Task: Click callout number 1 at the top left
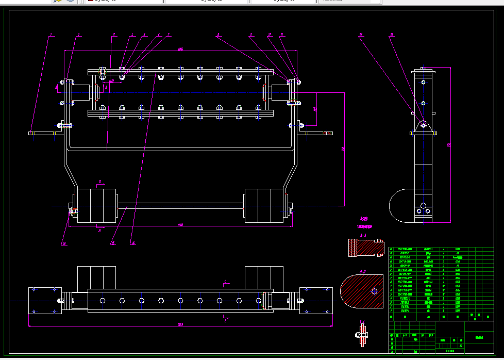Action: (x=51, y=35)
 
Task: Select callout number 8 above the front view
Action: (x=219, y=35)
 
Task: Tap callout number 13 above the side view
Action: (x=392, y=35)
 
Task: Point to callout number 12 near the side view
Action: (x=361, y=35)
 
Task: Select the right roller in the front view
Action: (x=263, y=206)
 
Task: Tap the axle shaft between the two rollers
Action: (x=180, y=206)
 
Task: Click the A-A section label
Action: (x=363, y=235)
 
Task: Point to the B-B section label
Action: (x=363, y=270)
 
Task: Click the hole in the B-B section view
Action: (x=374, y=291)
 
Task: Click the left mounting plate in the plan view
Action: (x=45, y=300)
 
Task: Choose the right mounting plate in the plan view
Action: (x=316, y=300)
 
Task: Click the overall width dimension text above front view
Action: (x=180, y=49)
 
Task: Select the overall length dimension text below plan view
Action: (x=180, y=324)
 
